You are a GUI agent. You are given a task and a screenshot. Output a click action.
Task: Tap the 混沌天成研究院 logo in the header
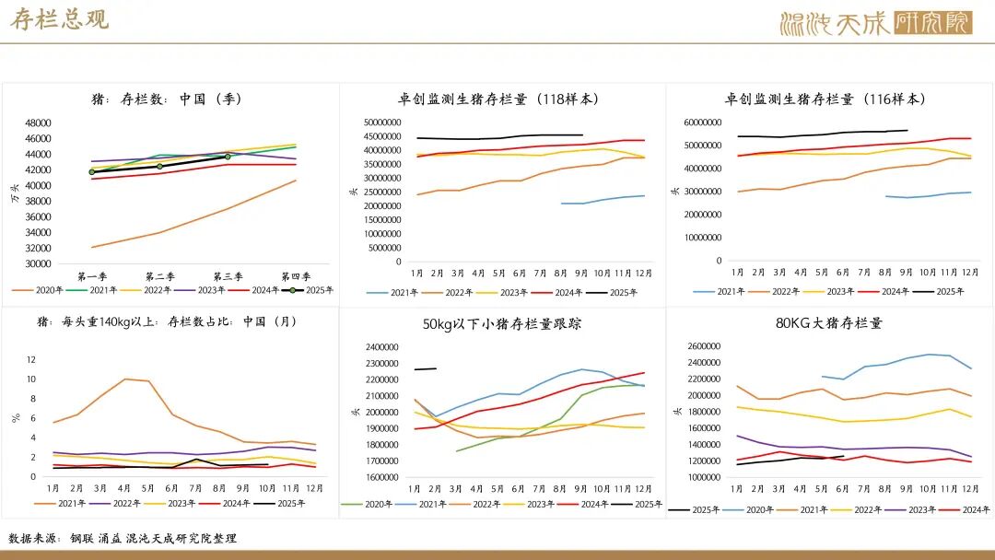(x=875, y=23)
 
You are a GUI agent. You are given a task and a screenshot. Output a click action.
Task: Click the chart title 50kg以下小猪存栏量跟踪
(x=502, y=323)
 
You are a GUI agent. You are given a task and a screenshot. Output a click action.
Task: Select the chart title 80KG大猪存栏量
(x=829, y=323)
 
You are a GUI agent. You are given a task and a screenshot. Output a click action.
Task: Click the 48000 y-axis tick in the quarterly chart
(x=38, y=123)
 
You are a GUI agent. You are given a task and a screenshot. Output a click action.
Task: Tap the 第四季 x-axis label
(x=295, y=276)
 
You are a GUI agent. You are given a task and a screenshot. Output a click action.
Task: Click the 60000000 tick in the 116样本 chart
(x=702, y=122)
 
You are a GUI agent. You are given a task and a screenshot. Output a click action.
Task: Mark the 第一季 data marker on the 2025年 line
(x=92, y=172)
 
